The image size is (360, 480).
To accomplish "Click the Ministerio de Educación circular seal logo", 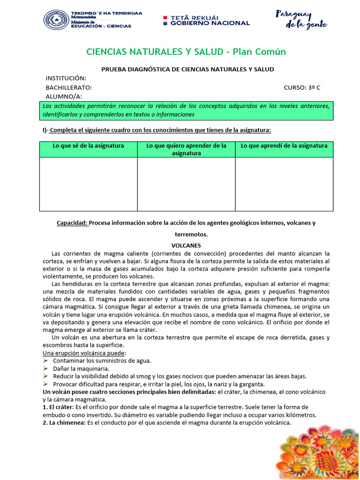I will tap(56, 20).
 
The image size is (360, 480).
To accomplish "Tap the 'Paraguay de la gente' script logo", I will tap(300, 20).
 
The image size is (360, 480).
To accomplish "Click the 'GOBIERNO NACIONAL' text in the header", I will tap(210, 23).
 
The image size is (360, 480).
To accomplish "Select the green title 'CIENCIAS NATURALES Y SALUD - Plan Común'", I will tap(186, 52).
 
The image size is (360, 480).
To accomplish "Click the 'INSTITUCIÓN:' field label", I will tap(66, 78).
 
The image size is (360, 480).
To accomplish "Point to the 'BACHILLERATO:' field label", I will tap(68, 88).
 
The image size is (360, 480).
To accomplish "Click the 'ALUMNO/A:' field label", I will tap(64, 97).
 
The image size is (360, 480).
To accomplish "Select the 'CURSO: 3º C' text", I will tap(302, 88).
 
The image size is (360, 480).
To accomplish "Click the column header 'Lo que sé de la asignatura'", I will tap(88, 146).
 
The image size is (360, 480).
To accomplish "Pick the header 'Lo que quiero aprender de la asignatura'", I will tap(186, 149).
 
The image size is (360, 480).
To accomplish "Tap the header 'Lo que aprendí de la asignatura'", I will tap(284, 146).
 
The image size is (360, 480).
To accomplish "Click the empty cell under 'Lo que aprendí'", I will tap(284, 184).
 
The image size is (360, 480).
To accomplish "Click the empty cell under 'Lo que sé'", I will tap(88, 184).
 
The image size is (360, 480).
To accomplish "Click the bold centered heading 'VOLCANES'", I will tap(186, 245).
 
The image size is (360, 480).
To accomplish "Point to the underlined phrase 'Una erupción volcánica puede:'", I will tap(84, 352).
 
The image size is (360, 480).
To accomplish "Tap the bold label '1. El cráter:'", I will tap(59, 407).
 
